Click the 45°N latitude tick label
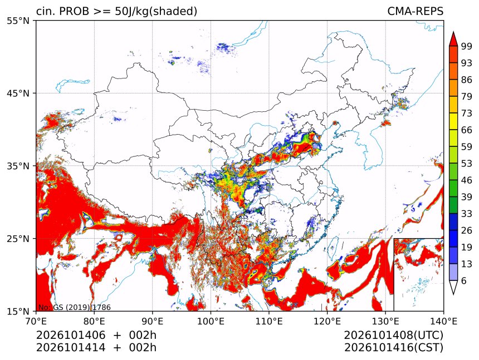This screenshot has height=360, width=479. [x=18, y=93]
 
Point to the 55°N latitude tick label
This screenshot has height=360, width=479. [x=18, y=21]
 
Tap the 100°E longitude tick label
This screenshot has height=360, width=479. [x=211, y=321]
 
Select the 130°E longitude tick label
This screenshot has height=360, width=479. [x=385, y=321]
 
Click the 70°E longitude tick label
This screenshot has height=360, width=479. [x=36, y=321]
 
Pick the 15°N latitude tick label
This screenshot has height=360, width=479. [x=18, y=311]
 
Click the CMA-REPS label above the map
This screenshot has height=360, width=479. [x=415, y=11]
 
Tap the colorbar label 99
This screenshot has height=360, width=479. [x=467, y=46]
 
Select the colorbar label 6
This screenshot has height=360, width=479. [x=464, y=280]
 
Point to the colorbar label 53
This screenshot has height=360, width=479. [x=467, y=164]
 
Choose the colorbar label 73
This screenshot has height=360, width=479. [x=467, y=113]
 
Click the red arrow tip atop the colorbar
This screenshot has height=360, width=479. [x=453, y=32]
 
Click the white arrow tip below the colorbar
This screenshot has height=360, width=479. [x=453, y=294]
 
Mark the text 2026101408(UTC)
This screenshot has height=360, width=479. [x=393, y=335]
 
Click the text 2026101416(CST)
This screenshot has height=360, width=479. [x=393, y=348]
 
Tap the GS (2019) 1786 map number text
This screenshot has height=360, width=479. [x=82, y=307]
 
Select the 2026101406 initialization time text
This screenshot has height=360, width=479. [x=71, y=335]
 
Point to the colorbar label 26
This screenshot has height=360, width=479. [x=467, y=230]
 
